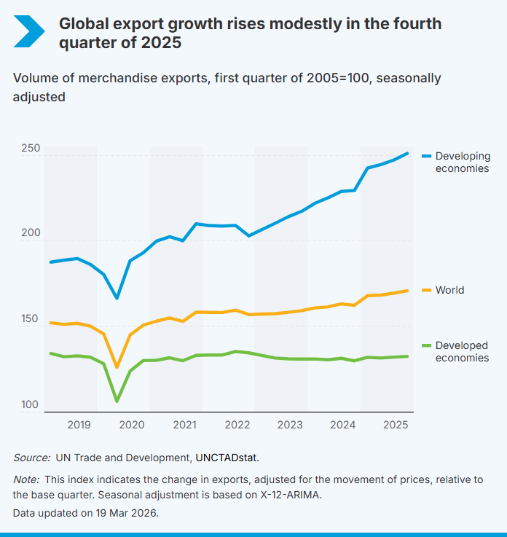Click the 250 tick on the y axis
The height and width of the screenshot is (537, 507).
pyautogui.click(x=31, y=148)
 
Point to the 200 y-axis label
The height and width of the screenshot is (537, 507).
pyautogui.click(x=31, y=233)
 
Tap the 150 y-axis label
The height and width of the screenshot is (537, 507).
pyautogui.click(x=31, y=319)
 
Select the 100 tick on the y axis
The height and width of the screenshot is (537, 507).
pyautogui.click(x=31, y=404)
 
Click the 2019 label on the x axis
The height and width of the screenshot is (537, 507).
pyautogui.click(x=79, y=425)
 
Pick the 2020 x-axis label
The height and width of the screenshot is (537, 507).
pyautogui.click(x=131, y=425)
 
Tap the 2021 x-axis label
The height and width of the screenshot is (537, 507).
pyautogui.click(x=184, y=425)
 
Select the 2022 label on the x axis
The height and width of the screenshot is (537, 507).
pyautogui.click(x=237, y=425)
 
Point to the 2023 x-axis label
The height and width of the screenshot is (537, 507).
pyautogui.click(x=290, y=425)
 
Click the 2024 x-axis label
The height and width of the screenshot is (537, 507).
pyautogui.click(x=342, y=425)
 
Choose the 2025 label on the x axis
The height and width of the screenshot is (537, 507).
pyautogui.click(x=396, y=425)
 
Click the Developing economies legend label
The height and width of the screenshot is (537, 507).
pyautogui.click(x=463, y=162)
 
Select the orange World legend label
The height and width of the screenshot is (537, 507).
pyautogui.click(x=449, y=290)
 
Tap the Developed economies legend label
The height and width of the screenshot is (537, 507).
pyautogui.click(x=463, y=351)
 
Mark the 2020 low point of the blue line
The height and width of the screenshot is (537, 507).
pyautogui.click(x=117, y=298)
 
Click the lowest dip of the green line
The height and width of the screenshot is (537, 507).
pyautogui.click(x=117, y=401)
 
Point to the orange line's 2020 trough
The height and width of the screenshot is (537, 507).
pyautogui.click(x=117, y=367)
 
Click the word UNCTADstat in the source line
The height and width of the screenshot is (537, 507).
pyautogui.click(x=227, y=458)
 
